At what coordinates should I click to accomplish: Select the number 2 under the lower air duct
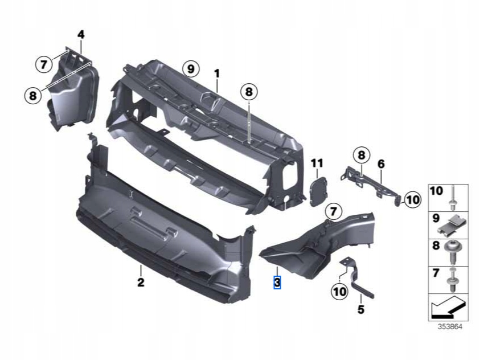[x=141, y=282]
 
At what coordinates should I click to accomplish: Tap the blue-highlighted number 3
[x=277, y=282]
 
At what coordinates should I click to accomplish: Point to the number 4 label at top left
[x=81, y=35]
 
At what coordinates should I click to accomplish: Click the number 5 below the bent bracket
[x=360, y=310]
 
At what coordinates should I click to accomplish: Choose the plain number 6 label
[x=381, y=164]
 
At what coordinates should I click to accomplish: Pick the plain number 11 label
[x=317, y=164]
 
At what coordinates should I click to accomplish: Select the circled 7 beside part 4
[x=44, y=64]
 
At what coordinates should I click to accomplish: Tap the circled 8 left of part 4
[x=34, y=96]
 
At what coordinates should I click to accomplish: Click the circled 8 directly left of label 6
[x=361, y=154]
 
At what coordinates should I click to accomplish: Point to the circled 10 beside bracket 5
[x=340, y=292]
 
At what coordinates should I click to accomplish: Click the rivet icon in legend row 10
[x=453, y=198]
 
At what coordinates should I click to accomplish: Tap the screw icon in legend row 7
[x=453, y=279]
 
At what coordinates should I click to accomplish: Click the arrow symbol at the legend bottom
[x=448, y=308]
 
